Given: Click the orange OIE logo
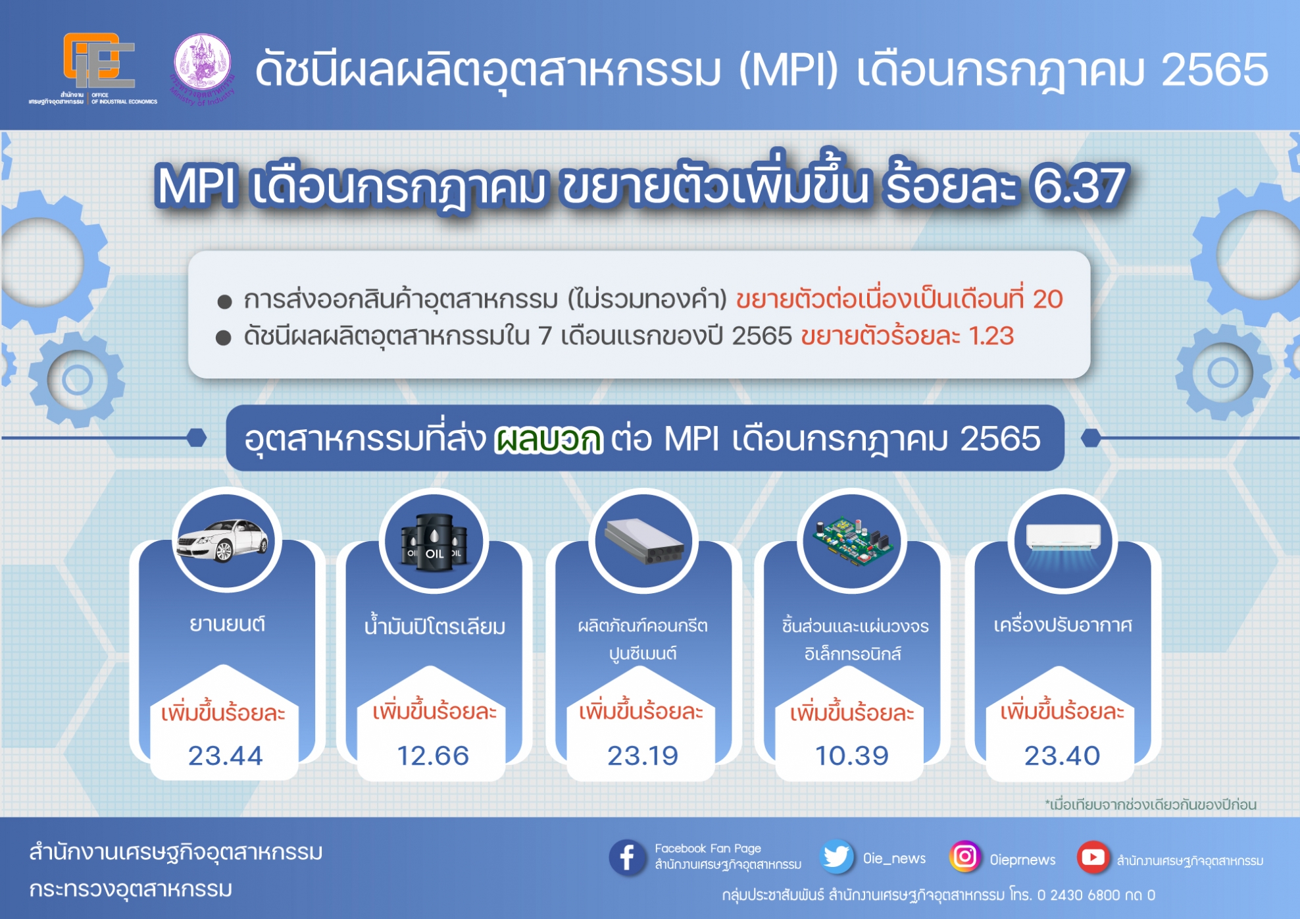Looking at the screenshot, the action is point(99,61).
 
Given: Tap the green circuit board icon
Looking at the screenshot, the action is point(853,540).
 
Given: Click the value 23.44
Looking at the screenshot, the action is point(225,756).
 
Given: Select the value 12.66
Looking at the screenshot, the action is point(433,756).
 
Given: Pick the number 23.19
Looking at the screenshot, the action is point(643,756).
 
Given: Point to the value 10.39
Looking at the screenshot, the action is point(852,756).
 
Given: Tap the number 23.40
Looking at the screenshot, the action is point(1062,756).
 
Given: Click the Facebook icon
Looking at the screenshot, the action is point(627,857).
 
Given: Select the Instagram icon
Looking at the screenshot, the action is point(964,856).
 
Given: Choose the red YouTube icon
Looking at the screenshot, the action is point(1093,857).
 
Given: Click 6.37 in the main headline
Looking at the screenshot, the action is point(1079,185).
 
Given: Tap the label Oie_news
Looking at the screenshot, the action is point(894,858).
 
